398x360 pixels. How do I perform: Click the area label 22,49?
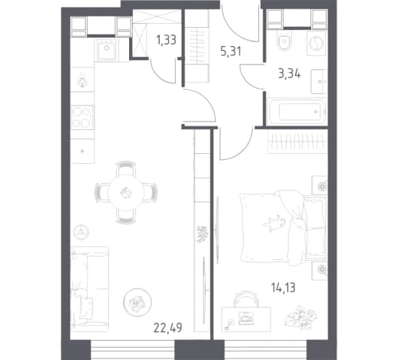[168, 328]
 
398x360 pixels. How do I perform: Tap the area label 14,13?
[284, 288]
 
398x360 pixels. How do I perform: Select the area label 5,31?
[231, 52]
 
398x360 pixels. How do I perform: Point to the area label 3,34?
[290, 74]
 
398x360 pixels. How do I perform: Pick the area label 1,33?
[167, 40]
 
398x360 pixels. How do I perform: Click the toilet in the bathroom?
[284, 41]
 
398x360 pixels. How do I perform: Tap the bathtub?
[297, 112]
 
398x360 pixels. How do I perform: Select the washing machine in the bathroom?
[317, 43]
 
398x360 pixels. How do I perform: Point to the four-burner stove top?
[82, 117]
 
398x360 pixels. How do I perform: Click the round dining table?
[126, 192]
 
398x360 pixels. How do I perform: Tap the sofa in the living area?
[89, 289]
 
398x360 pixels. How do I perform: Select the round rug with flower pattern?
[138, 302]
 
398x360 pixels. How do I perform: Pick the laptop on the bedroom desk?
[246, 318]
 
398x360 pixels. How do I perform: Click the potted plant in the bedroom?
[301, 317]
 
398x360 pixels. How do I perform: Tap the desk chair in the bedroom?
[245, 298]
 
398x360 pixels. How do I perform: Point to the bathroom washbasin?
[319, 82]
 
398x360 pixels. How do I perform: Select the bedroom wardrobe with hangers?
[297, 142]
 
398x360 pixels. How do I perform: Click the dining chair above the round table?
[126, 168]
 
